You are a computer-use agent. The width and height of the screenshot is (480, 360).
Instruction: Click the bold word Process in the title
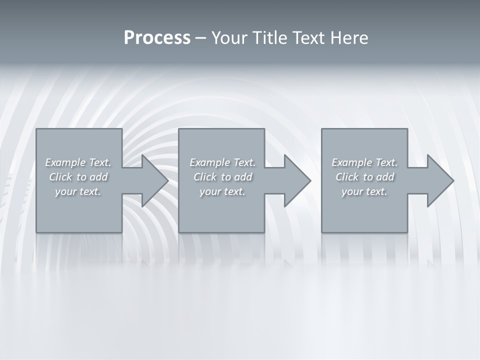pyautogui.click(x=157, y=38)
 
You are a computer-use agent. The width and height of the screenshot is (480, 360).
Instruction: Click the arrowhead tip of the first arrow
pyautogui.click(x=167, y=180)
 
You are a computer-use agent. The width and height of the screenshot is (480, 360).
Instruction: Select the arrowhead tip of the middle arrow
pyautogui.click(x=310, y=180)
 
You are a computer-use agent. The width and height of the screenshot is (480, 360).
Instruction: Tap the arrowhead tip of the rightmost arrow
pyautogui.click(x=453, y=180)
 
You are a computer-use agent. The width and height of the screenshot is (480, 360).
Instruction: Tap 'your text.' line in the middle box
pyautogui.click(x=222, y=191)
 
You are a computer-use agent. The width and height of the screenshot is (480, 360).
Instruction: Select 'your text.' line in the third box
pyautogui.click(x=364, y=191)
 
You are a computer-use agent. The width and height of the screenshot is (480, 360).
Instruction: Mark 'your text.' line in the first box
pyautogui.click(x=78, y=191)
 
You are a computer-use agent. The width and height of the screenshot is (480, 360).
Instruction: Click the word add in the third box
pyautogui.click(x=385, y=177)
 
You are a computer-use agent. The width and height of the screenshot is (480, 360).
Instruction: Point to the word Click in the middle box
pyautogui.click(x=204, y=177)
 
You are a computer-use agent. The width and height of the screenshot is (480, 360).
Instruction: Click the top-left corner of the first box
pyautogui.click(x=36, y=129)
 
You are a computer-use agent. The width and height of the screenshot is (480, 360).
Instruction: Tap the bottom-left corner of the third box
pyautogui.click(x=322, y=232)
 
